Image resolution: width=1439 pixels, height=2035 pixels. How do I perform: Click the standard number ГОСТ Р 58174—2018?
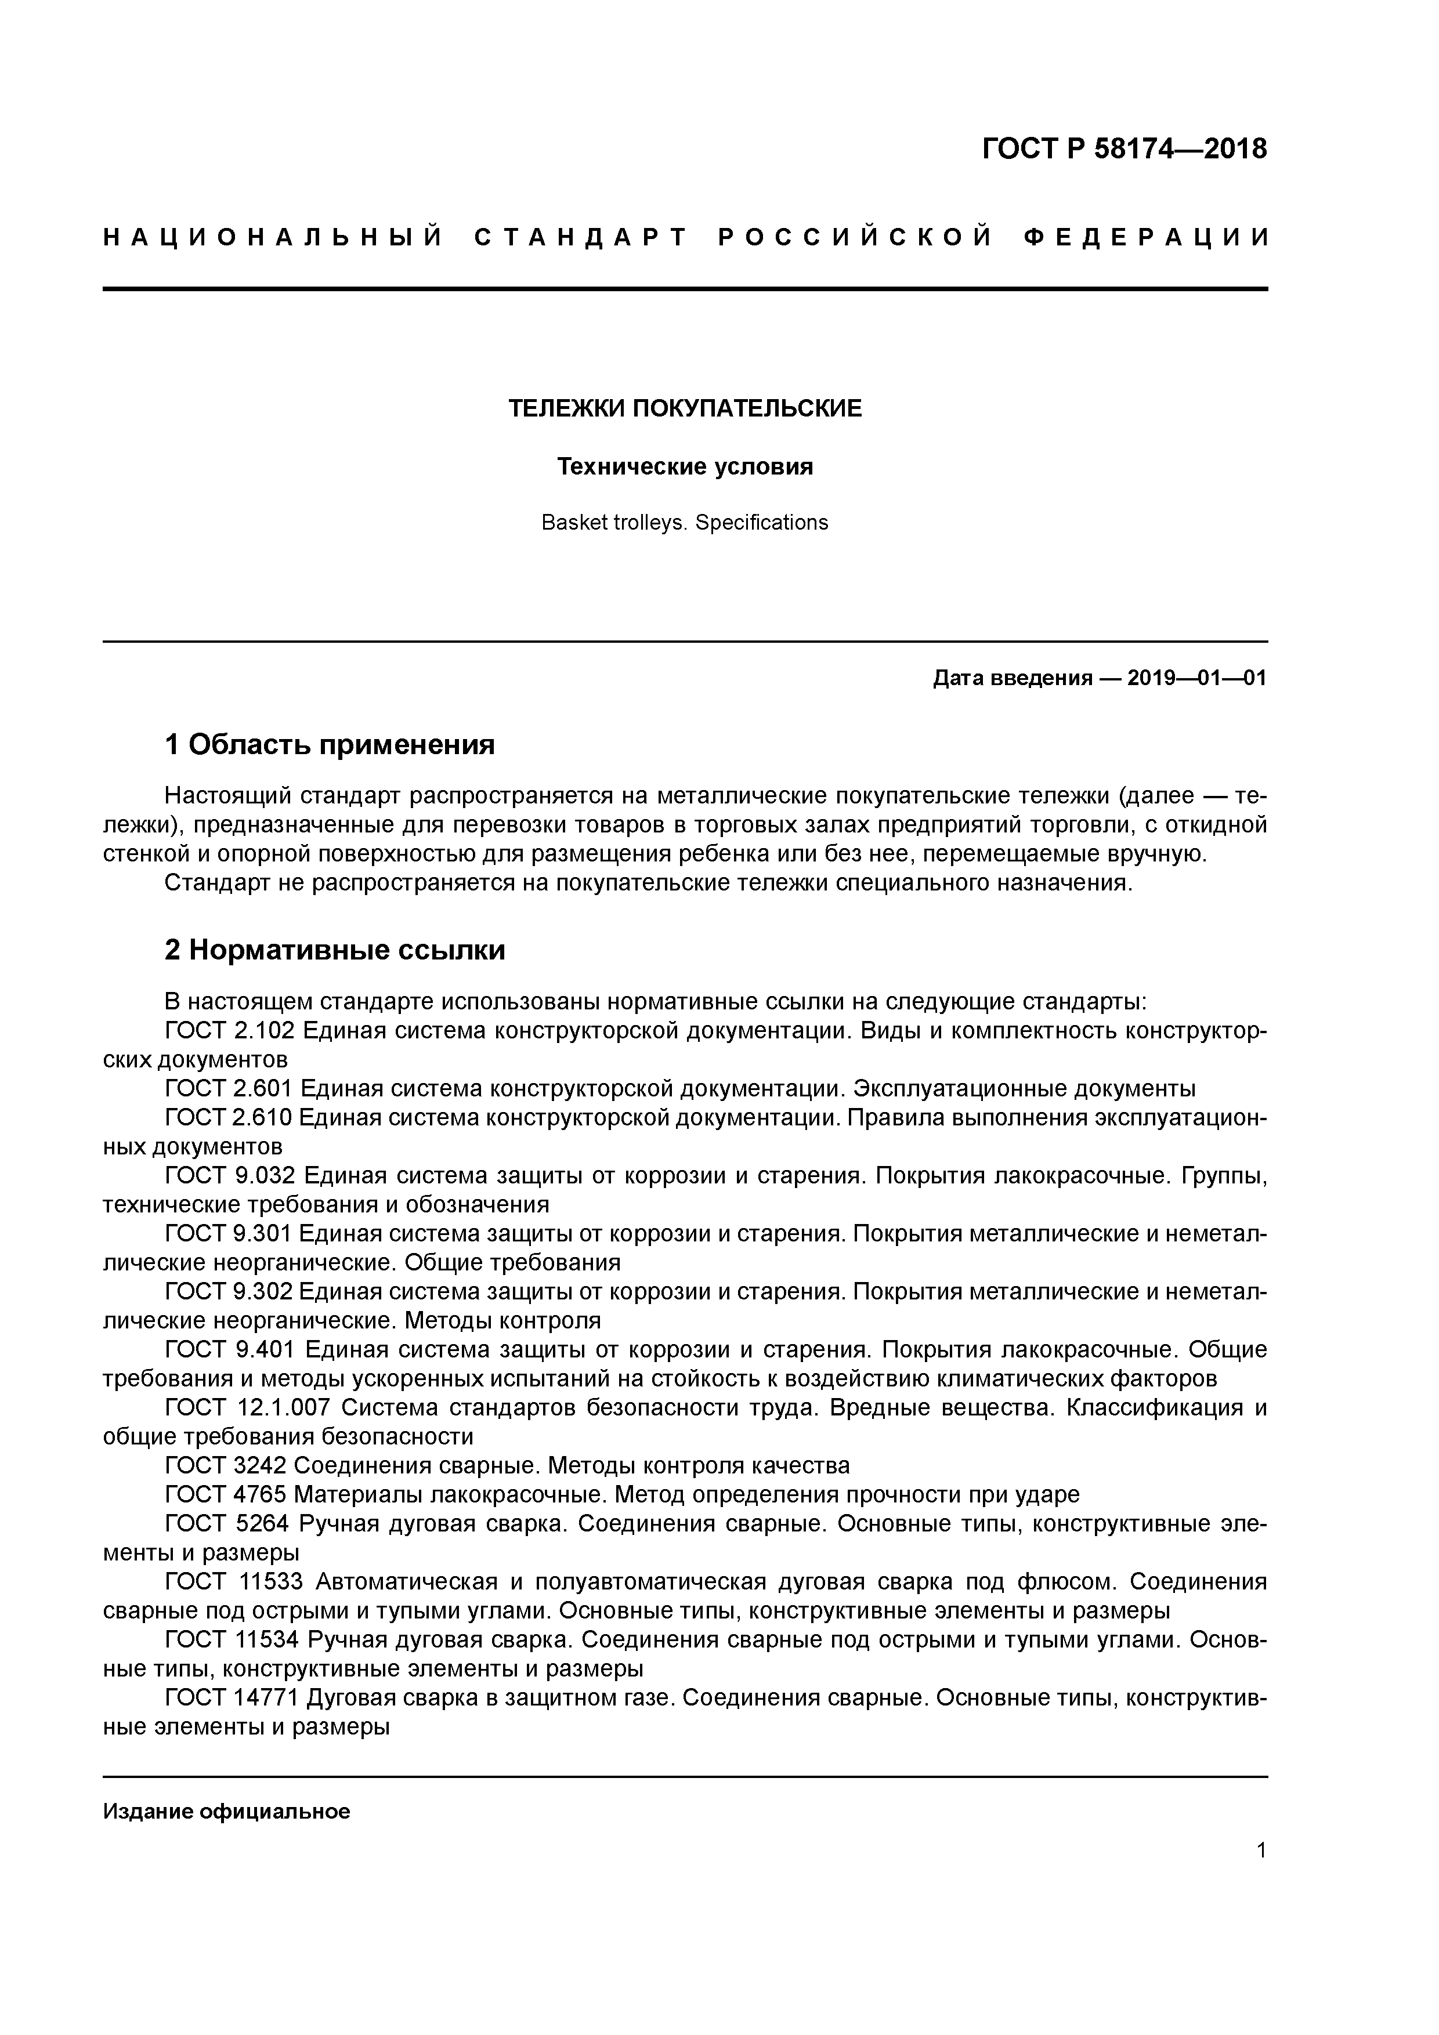(x=1125, y=150)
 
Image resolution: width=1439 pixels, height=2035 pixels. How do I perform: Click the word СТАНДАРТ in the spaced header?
(x=581, y=237)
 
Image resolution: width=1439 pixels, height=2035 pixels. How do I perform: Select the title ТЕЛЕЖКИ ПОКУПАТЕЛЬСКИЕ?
(x=685, y=408)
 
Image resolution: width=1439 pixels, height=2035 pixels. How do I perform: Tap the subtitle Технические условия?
(x=685, y=466)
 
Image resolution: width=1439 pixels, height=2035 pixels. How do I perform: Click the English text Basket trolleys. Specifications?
(x=685, y=523)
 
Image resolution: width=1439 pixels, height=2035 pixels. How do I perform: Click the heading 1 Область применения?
(x=330, y=744)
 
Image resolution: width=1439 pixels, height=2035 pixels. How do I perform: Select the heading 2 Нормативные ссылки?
(x=335, y=950)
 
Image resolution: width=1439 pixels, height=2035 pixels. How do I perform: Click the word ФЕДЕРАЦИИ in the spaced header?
(x=1147, y=237)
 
